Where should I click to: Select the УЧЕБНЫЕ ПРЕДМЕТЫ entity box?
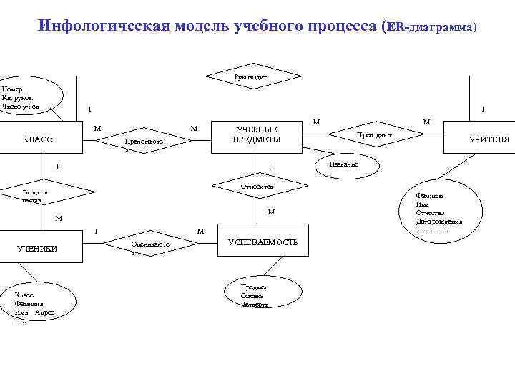click(257, 134)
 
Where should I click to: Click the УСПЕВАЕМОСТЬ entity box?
click(263, 242)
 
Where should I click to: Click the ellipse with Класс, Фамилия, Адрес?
click(39, 304)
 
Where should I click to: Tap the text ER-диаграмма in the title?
click(432, 26)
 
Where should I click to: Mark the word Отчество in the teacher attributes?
click(431, 213)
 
